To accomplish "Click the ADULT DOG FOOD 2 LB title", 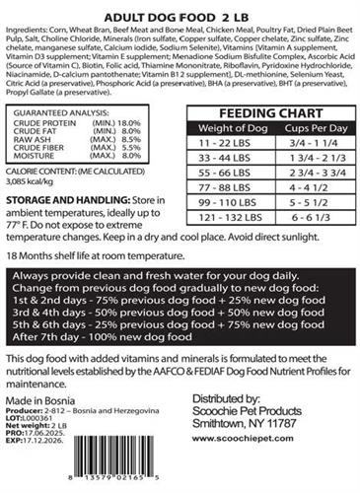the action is point(180,17).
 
